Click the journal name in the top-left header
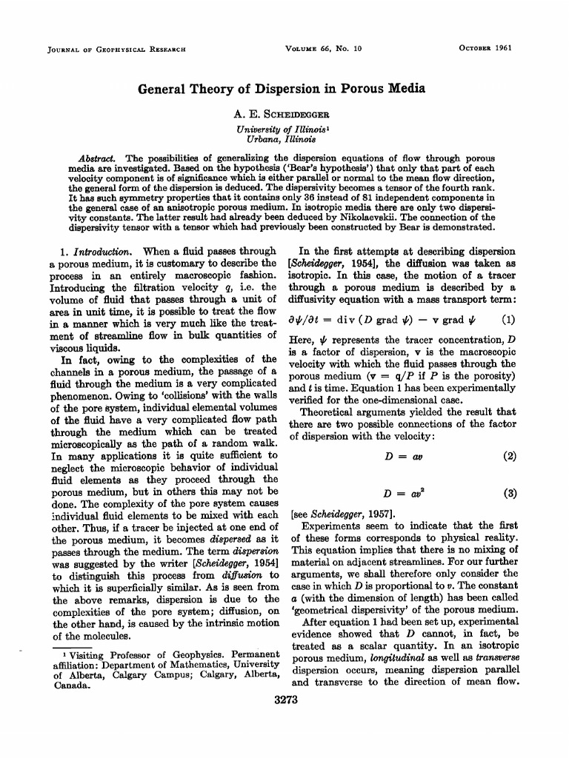[x=116, y=50]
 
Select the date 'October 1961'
[x=485, y=50]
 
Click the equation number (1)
[x=508, y=321]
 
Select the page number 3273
[x=284, y=700]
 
